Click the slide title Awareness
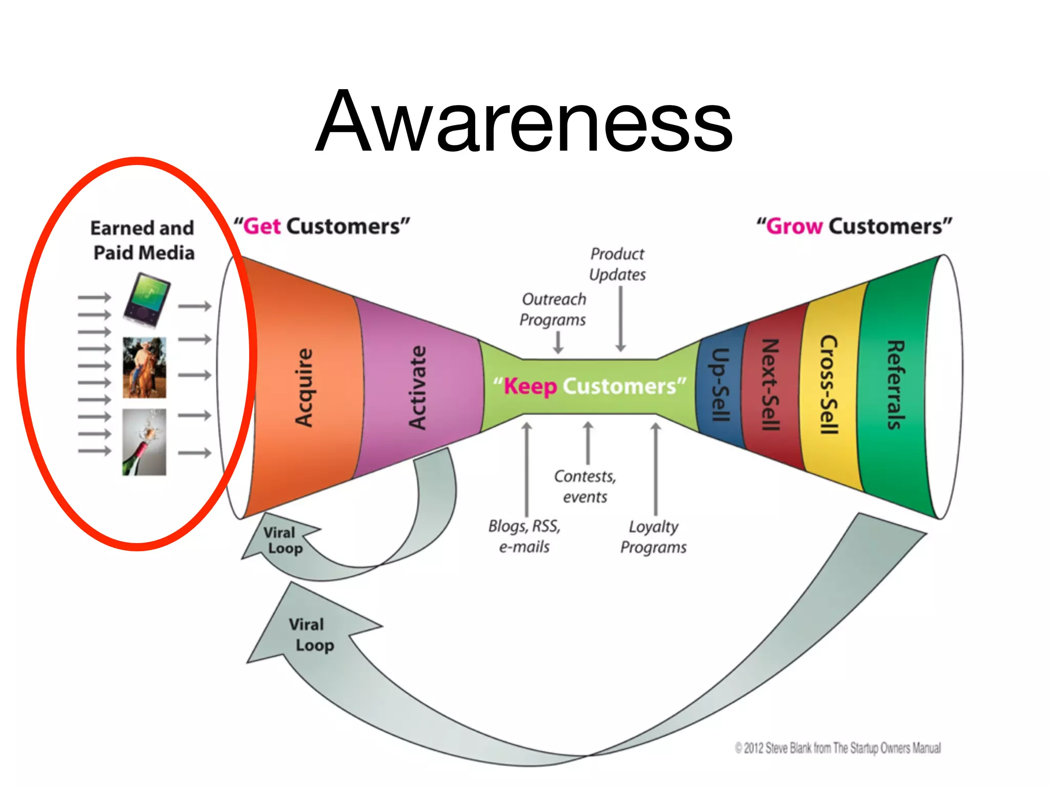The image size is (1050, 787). coord(524,122)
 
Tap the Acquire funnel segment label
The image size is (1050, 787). coord(304,387)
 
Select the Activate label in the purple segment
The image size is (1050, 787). coord(417,387)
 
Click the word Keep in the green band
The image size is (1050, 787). coord(530,386)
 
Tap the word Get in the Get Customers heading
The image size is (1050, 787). coord(262,226)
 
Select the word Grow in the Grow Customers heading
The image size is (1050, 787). coord(794,226)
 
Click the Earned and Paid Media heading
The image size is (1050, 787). coord(143,240)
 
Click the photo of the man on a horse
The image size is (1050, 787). coord(145,367)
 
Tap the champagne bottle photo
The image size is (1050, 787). coord(144,442)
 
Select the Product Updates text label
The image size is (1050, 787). coord(617,264)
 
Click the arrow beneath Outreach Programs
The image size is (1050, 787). coord(558,343)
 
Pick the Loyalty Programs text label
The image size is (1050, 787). coord(653,537)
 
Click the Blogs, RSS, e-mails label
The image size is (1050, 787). coord(524,536)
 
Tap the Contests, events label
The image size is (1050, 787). coord(585,487)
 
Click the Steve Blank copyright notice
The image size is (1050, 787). coord(838,748)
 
